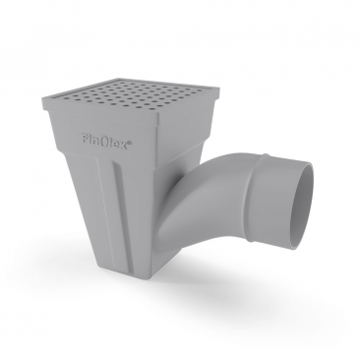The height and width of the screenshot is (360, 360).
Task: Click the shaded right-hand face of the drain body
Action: coord(169,187)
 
